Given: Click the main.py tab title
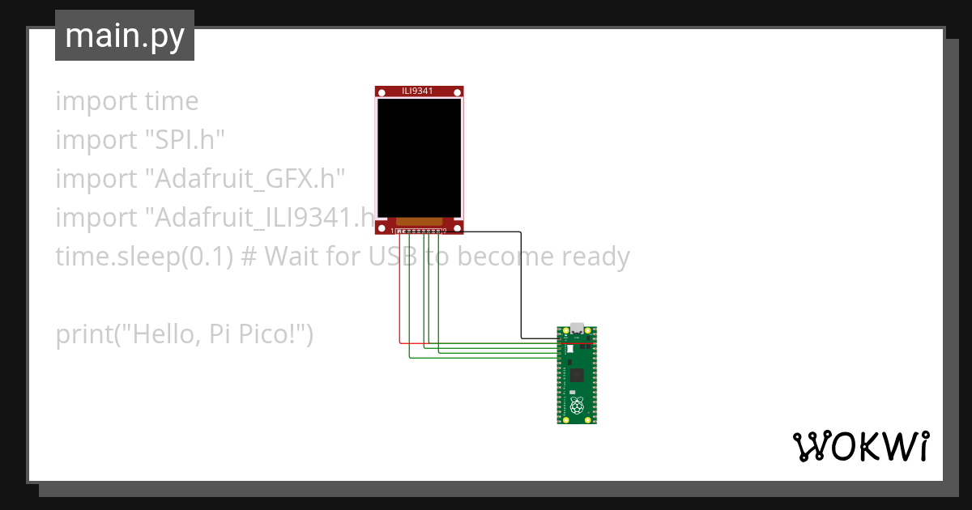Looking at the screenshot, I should (125, 36).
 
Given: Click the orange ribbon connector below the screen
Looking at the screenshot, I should (419, 222).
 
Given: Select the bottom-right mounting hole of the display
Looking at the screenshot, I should (457, 228).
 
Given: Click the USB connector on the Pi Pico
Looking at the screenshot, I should (577, 329).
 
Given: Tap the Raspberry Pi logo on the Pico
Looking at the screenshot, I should (577, 404).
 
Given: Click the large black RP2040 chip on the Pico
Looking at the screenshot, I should (577, 375).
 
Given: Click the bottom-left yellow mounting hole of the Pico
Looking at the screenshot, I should (565, 419).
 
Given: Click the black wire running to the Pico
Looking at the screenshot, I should (521, 283).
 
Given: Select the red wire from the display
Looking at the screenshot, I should (399, 291).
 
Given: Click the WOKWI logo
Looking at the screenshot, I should (860, 446).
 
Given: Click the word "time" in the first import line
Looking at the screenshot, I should (171, 101).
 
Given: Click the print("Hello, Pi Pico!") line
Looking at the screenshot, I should (184, 334).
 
